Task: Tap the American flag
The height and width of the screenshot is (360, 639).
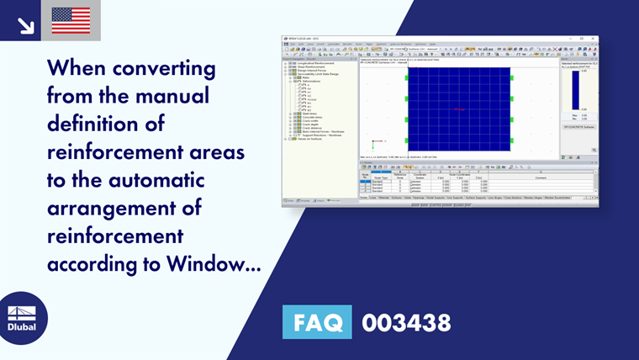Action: click(x=71, y=20)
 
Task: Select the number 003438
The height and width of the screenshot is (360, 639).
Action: click(x=405, y=322)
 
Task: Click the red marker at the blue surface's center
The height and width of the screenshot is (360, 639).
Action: click(x=459, y=110)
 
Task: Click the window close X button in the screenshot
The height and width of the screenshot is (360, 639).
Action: click(x=593, y=38)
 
